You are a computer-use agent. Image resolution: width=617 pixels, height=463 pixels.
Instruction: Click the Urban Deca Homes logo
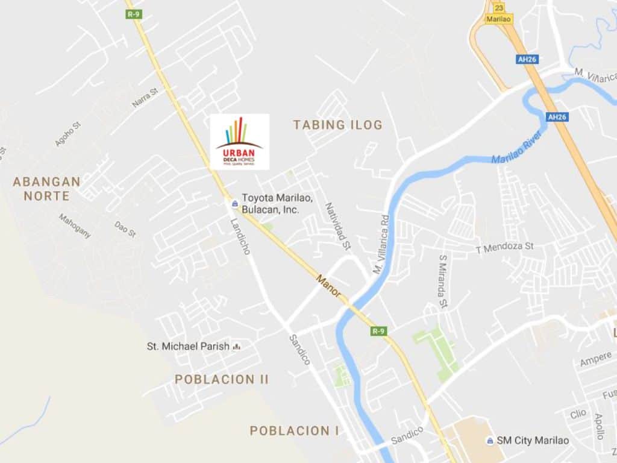click(239, 142)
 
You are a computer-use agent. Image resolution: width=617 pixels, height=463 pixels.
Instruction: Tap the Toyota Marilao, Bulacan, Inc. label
click(271, 203)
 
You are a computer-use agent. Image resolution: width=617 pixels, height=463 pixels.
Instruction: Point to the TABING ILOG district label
click(337, 125)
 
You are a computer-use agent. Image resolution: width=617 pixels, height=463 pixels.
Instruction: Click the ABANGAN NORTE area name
click(46, 188)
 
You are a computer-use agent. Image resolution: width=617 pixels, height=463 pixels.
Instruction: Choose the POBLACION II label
click(222, 379)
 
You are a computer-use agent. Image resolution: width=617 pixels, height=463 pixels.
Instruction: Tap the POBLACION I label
click(294, 430)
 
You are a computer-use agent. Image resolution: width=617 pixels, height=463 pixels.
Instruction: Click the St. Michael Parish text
click(188, 346)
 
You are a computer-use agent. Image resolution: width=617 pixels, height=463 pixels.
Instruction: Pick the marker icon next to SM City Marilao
click(491, 441)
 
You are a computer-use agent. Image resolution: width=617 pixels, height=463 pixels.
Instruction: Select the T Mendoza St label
click(505, 247)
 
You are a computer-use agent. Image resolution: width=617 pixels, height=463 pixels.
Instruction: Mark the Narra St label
click(145, 98)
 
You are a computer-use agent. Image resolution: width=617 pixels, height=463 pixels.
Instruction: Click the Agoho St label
click(68, 134)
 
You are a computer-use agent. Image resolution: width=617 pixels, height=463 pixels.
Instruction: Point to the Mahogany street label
click(75, 226)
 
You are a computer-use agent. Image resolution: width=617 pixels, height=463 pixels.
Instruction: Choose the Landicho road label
click(240, 236)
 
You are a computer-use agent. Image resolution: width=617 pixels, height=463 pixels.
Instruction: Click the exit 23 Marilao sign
click(500, 12)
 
